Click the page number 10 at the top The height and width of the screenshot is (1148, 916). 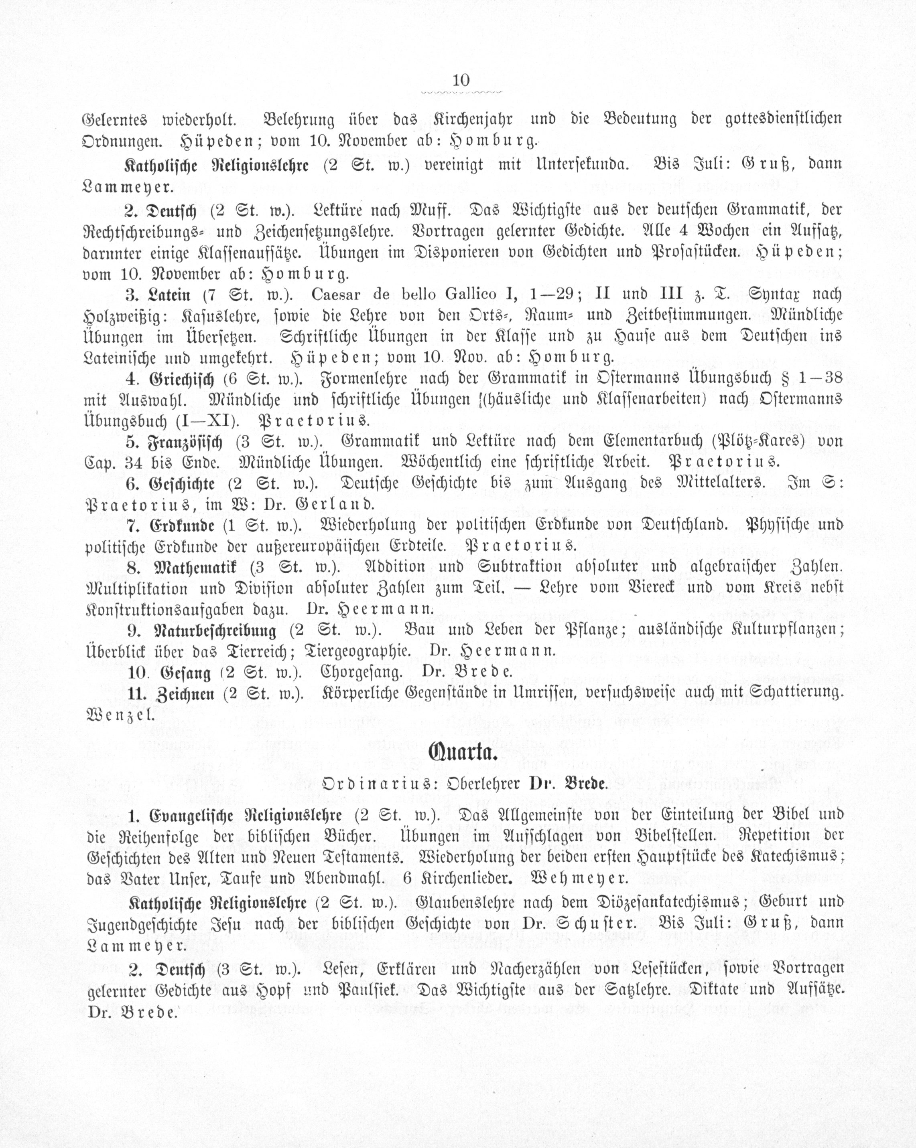460,81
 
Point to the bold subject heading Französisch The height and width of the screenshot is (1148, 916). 185,442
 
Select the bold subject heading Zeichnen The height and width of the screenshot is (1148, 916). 185,694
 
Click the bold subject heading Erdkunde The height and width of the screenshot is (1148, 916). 182,526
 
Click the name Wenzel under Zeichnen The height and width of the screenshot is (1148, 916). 120,715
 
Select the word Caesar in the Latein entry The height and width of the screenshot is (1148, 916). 336,295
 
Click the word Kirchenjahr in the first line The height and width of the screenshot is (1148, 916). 471,119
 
